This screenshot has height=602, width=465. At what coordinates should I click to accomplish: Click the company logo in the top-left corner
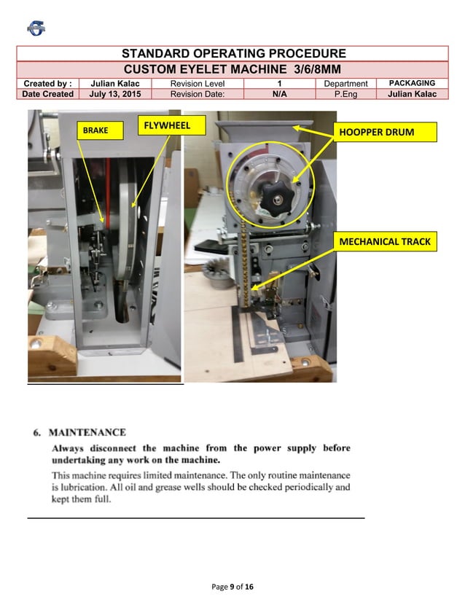36,28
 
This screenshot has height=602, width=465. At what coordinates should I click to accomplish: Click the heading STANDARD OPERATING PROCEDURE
233,54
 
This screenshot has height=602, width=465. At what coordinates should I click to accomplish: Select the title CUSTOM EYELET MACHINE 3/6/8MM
233,69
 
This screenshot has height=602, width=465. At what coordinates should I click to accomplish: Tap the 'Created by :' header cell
47,83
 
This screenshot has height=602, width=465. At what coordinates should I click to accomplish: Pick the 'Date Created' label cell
47,94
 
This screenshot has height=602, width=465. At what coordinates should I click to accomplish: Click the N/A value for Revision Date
279,94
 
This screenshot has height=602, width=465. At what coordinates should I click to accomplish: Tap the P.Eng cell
345,94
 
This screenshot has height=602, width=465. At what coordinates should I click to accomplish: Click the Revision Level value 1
279,83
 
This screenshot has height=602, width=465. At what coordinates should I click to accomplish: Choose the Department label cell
345,83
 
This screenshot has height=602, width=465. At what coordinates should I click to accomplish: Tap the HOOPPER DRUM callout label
386,132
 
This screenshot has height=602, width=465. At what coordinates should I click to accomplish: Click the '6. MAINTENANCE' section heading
79,432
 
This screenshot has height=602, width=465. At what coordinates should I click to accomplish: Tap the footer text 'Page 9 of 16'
232,587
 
